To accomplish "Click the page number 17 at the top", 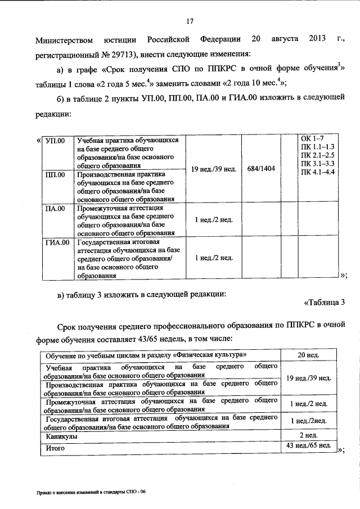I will (190, 22).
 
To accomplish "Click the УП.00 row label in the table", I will (55, 141).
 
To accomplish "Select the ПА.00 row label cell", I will (55, 208).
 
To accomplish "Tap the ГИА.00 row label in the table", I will (56, 242).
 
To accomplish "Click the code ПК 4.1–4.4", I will (318, 171).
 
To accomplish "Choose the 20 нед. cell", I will (308, 355).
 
